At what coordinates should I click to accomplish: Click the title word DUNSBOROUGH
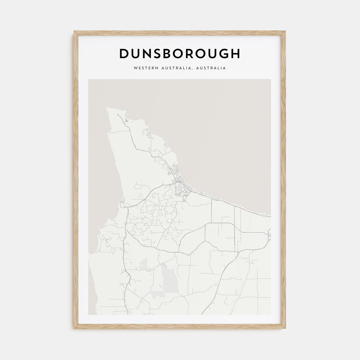(x=180, y=53)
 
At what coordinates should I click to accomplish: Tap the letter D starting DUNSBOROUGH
(x=124, y=53)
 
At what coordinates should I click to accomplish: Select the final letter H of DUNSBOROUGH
(x=235, y=53)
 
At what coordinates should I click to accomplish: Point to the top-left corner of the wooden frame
(x=74, y=31)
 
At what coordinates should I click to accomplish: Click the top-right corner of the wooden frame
(x=286, y=31)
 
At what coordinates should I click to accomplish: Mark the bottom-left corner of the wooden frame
(x=74, y=329)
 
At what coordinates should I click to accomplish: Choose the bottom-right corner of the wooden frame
(x=286, y=329)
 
